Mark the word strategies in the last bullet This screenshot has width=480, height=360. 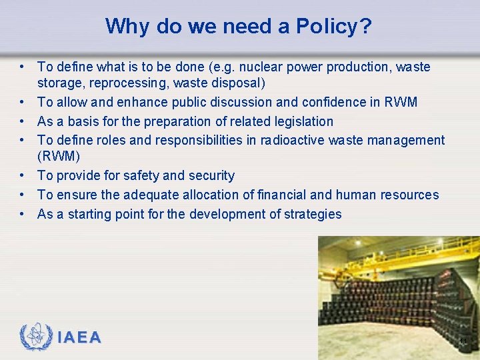(x=310, y=214)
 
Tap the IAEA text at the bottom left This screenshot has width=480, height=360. (x=79, y=338)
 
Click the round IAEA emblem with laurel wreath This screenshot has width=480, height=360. (x=36, y=337)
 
